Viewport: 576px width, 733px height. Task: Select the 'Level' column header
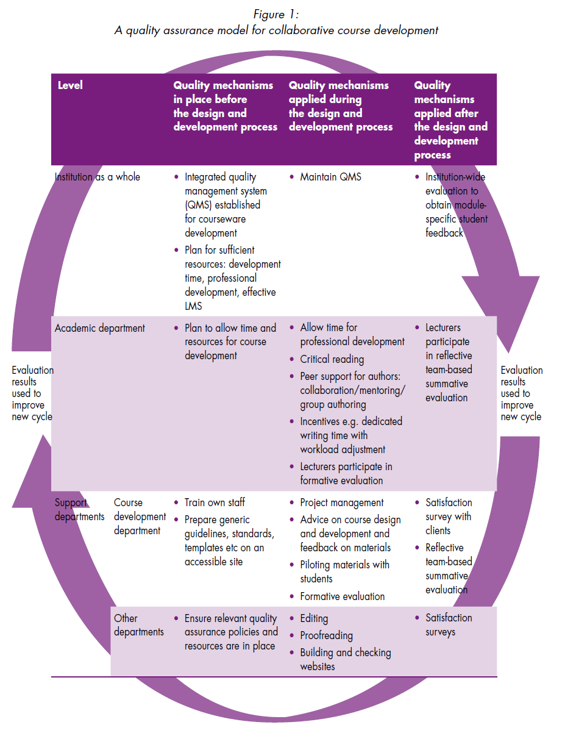[70, 85]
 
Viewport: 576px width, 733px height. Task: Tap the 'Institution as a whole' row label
[98, 177]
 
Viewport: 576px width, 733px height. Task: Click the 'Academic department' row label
[100, 328]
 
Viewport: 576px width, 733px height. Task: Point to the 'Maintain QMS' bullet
[330, 177]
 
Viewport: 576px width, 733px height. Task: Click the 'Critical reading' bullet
[332, 359]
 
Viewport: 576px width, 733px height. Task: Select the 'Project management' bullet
[341, 502]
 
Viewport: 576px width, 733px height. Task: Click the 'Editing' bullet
[314, 618]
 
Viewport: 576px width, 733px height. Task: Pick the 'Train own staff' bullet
[215, 502]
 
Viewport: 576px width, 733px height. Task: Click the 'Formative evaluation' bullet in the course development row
[342, 596]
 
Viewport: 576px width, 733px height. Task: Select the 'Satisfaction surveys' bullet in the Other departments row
[449, 625]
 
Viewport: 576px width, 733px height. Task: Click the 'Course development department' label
[140, 517]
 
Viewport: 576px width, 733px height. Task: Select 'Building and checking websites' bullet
[345, 659]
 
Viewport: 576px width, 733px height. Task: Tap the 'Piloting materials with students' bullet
[344, 571]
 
